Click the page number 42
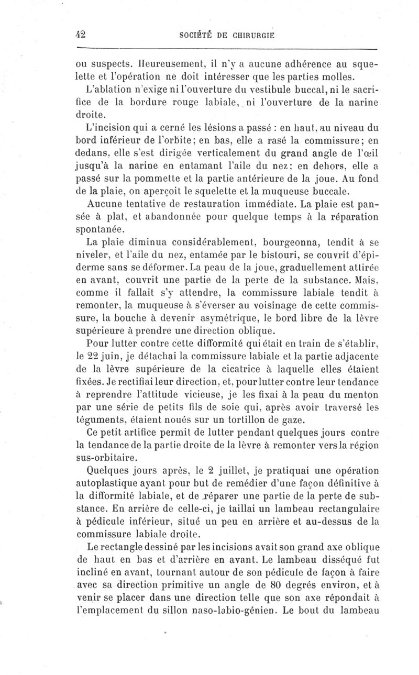pos(81,34)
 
